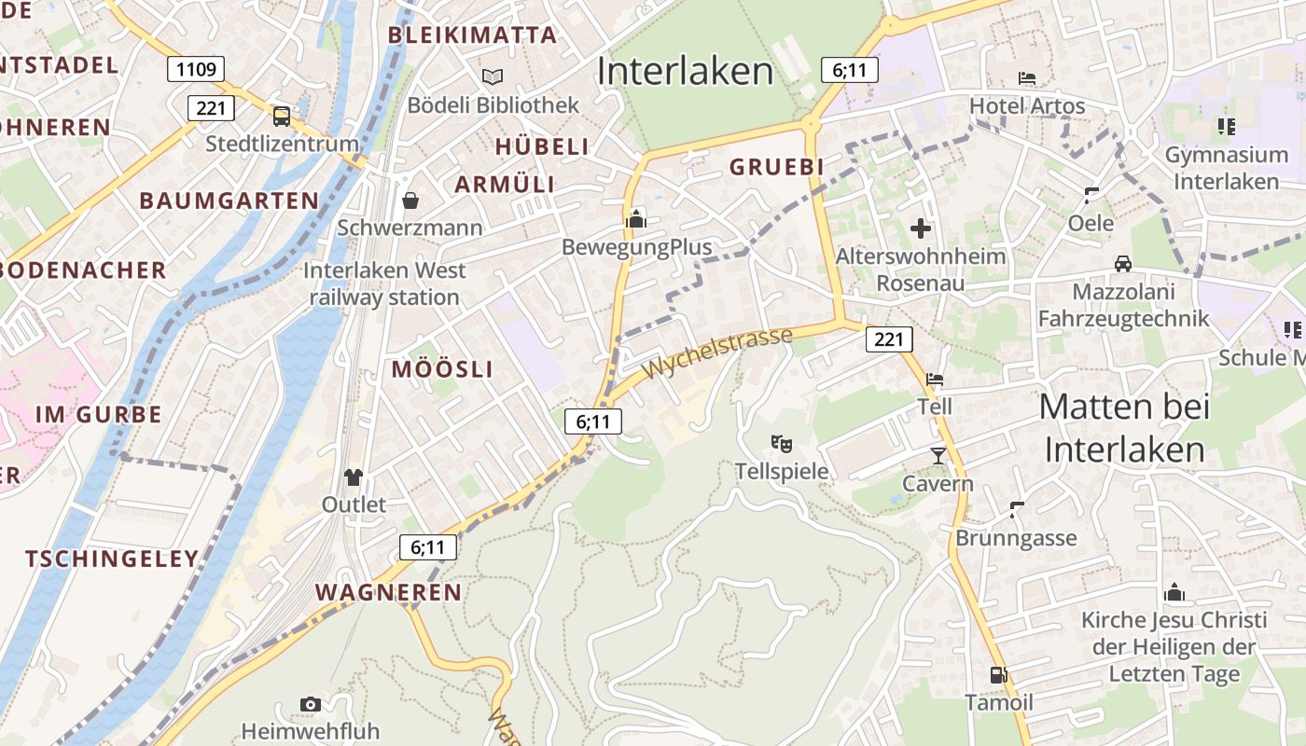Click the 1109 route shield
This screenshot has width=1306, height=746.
coord(195,69)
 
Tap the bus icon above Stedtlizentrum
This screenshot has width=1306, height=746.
coord(281,116)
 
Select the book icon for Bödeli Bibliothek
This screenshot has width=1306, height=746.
coord(492,76)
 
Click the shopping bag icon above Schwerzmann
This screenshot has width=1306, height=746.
coord(410,200)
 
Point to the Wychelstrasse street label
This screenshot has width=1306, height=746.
coord(717,352)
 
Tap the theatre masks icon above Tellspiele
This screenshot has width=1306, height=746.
coord(782,443)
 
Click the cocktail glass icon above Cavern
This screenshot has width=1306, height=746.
coord(938,455)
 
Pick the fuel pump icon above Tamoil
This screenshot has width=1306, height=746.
coord(998,674)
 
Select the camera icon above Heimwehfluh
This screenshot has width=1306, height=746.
coord(311,704)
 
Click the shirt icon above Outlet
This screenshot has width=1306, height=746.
coord(353,477)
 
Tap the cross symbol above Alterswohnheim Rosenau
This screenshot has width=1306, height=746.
coord(921,228)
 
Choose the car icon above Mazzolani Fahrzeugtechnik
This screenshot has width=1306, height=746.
coord(1123,264)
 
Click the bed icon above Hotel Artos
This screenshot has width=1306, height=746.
coord(1027,78)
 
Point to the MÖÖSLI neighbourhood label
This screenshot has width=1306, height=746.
coord(442,369)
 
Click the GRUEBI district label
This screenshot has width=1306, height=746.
coord(777,167)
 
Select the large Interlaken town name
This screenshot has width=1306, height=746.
coord(686,72)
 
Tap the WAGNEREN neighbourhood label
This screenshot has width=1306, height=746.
coord(388,592)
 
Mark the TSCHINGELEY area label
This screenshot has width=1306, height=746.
coord(112,559)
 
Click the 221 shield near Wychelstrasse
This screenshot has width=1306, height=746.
coord(888,339)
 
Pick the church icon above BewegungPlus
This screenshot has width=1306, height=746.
coord(636,219)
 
